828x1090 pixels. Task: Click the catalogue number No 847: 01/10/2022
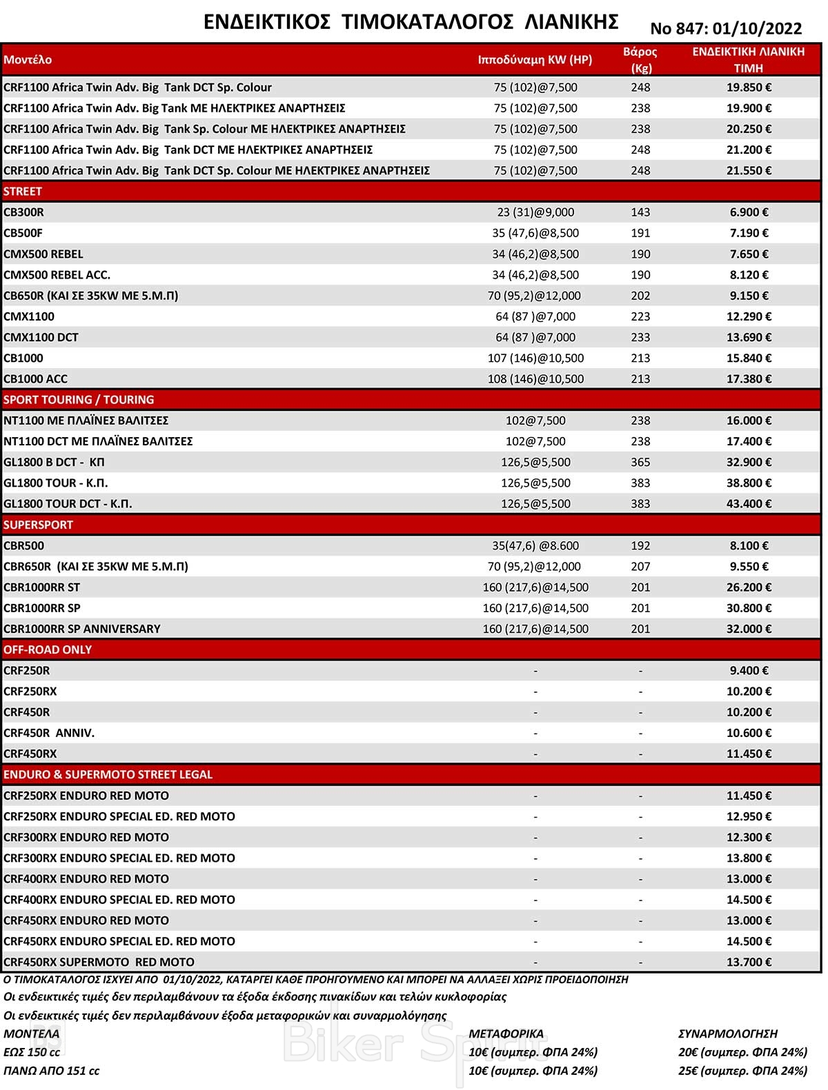(x=726, y=28)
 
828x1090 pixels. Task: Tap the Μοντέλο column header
(x=28, y=59)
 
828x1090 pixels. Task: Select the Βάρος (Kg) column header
(x=640, y=59)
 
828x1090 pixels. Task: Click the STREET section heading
(x=23, y=191)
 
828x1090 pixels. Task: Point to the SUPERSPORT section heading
(x=38, y=525)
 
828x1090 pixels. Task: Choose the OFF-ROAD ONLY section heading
(x=48, y=649)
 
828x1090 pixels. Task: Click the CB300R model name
(x=24, y=212)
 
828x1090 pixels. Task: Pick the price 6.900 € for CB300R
(x=749, y=212)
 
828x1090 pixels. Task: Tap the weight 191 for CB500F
(x=640, y=233)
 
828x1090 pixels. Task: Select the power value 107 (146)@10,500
(x=535, y=358)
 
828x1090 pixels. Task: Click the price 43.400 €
(x=749, y=504)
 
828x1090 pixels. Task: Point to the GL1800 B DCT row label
(x=54, y=462)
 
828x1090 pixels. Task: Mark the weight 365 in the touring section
(x=640, y=462)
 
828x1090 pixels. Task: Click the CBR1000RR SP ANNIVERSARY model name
(x=82, y=629)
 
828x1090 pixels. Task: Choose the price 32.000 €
(x=749, y=629)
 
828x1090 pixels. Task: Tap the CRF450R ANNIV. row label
(x=49, y=733)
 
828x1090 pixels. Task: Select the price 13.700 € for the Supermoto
(x=749, y=962)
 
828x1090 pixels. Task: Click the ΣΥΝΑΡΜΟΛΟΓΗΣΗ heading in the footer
(x=728, y=1033)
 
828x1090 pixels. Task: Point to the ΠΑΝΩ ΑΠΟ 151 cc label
(x=52, y=1071)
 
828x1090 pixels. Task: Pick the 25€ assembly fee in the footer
(x=742, y=1071)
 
